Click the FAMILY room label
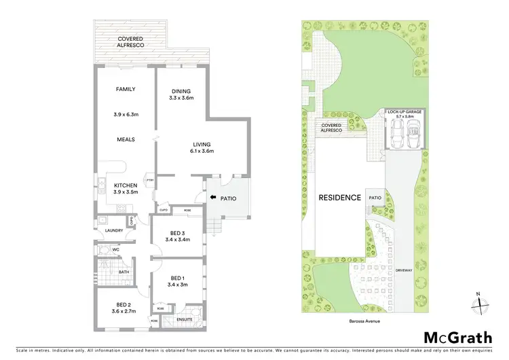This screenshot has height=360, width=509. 126,89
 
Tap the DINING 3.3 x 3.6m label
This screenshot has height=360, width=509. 181,94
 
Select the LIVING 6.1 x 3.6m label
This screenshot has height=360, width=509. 202,147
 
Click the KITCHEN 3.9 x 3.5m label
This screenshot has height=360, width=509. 126,188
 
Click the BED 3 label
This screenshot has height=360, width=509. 176,236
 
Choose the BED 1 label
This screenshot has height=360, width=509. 177,281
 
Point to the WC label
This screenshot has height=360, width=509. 115,249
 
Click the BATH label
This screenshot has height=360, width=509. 124,272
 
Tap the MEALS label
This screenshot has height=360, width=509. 126,139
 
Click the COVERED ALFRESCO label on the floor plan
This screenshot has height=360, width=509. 130,43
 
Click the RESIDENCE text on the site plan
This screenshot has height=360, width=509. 340,198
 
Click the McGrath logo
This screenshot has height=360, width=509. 454,338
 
